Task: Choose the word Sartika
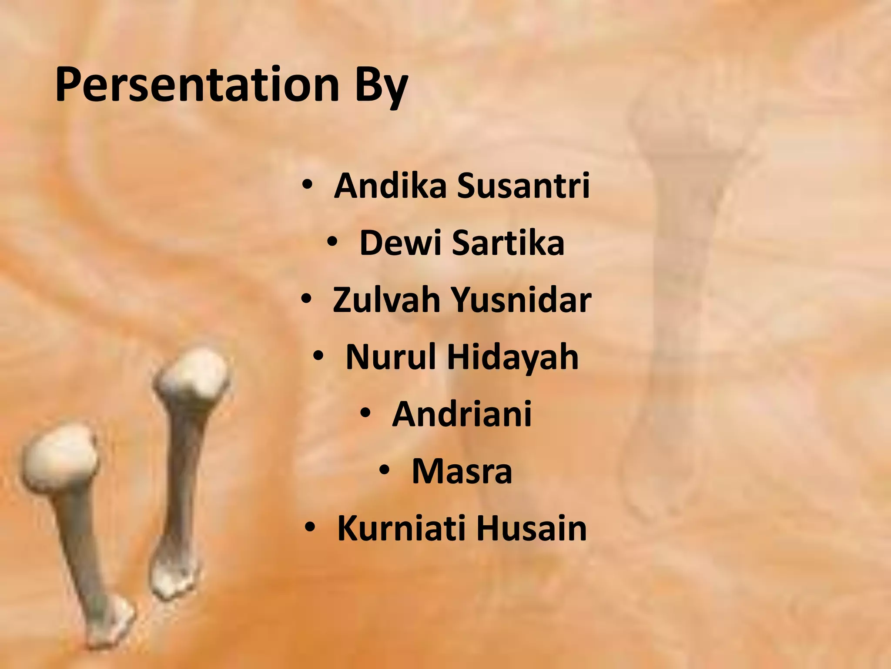(x=508, y=243)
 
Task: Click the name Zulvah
(x=386, y=300)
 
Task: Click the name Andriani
(x=462, y=414)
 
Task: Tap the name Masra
(x=462, y=471)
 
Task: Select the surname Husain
(x=531, y=528)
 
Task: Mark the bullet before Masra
(x=385, y=470)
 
